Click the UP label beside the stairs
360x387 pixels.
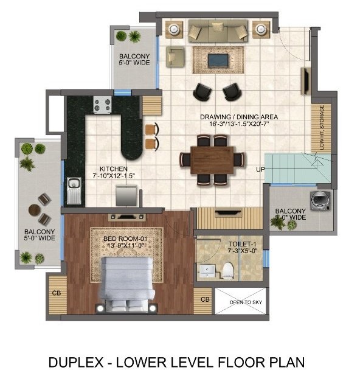tap(260, 169)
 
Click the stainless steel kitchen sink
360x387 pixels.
tap(75, 189)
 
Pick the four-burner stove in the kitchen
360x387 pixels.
tap(102, 105)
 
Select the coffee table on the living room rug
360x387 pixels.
tap(218, 60)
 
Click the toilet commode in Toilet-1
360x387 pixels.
tap(229, 268)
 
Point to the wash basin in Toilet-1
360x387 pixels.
tap(207, 270)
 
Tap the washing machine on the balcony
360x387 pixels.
tap(319, 200)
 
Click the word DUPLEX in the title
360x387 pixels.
tap(74, 363)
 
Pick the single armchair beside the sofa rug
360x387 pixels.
tap(176, 56)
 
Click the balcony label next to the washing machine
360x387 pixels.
tap(289, 213)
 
